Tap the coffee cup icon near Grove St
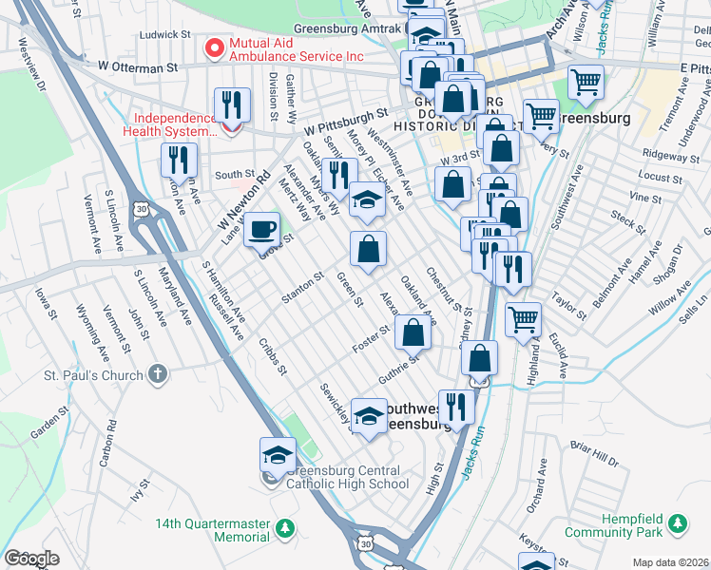click(261, 230)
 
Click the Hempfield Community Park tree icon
click(676, 522)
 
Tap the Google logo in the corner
click(31, 559)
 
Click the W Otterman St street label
click(138, 67)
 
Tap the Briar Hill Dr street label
click(595, 455)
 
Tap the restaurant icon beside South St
click(178, 161)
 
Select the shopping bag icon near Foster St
click(412, 333)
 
